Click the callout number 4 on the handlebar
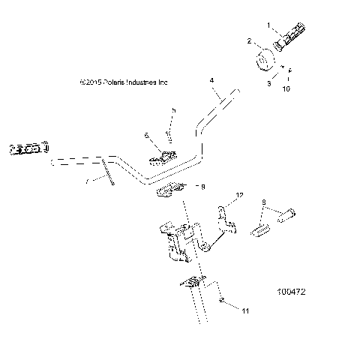tap(212, 79)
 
